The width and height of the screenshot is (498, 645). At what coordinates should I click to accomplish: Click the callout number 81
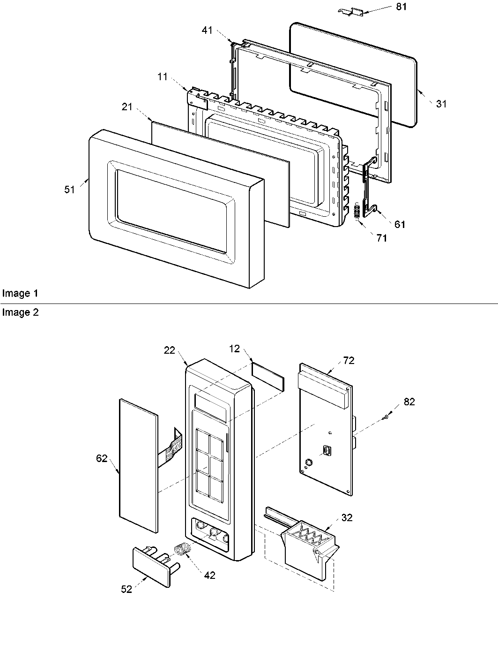[401, 7]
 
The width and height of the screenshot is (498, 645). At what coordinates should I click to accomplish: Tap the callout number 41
[207, 30]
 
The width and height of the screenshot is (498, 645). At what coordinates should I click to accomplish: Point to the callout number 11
[162, 77]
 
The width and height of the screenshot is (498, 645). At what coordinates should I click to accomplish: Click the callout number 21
[127, 107]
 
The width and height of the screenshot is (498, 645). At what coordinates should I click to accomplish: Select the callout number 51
[69, 190]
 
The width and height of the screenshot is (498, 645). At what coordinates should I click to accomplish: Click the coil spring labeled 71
[357, 210]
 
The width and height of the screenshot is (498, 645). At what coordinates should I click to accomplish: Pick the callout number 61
[399, 225]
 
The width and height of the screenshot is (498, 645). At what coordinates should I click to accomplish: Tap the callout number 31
[441, 104]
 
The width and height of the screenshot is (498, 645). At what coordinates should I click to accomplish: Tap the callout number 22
[170, 350]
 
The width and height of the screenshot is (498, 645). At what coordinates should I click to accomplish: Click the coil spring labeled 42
[182, 549]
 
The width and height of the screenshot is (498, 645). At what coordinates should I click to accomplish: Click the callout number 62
[102, 458]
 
